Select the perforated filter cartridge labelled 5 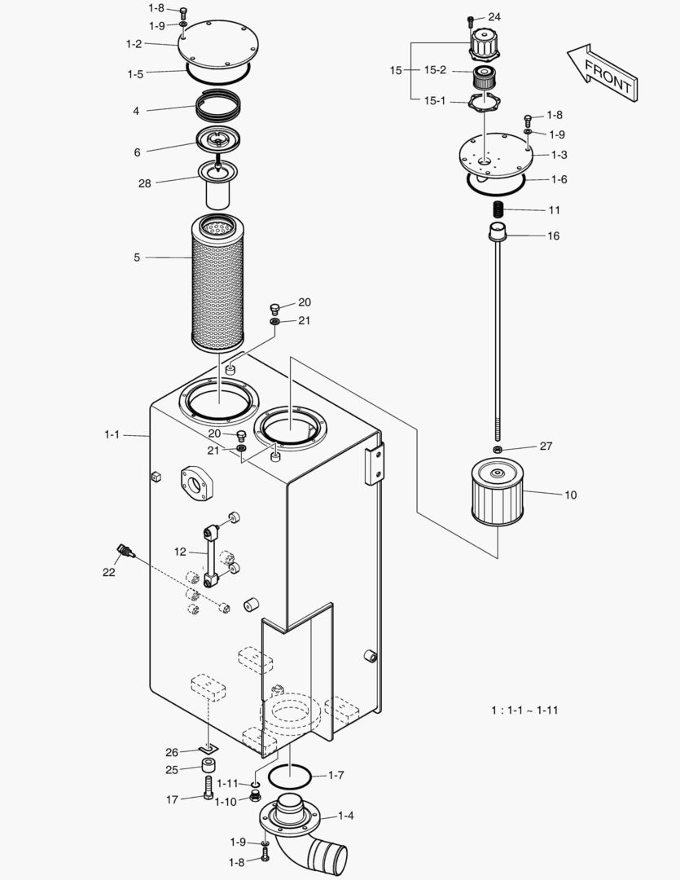tap(217, 281)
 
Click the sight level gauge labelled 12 tap(211, 554)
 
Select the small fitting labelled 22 tap(125, 552)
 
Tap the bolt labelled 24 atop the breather tap(472, 20)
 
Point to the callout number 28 tap(145, 183)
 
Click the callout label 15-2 tap(435, 70)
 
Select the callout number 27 tap(546, 447)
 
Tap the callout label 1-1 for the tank tap(112, 435)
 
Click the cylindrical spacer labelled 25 tap(209, 767)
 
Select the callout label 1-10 tap(226, 802)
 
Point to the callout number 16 tap(553, 236)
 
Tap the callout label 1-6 tap(559, 179)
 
